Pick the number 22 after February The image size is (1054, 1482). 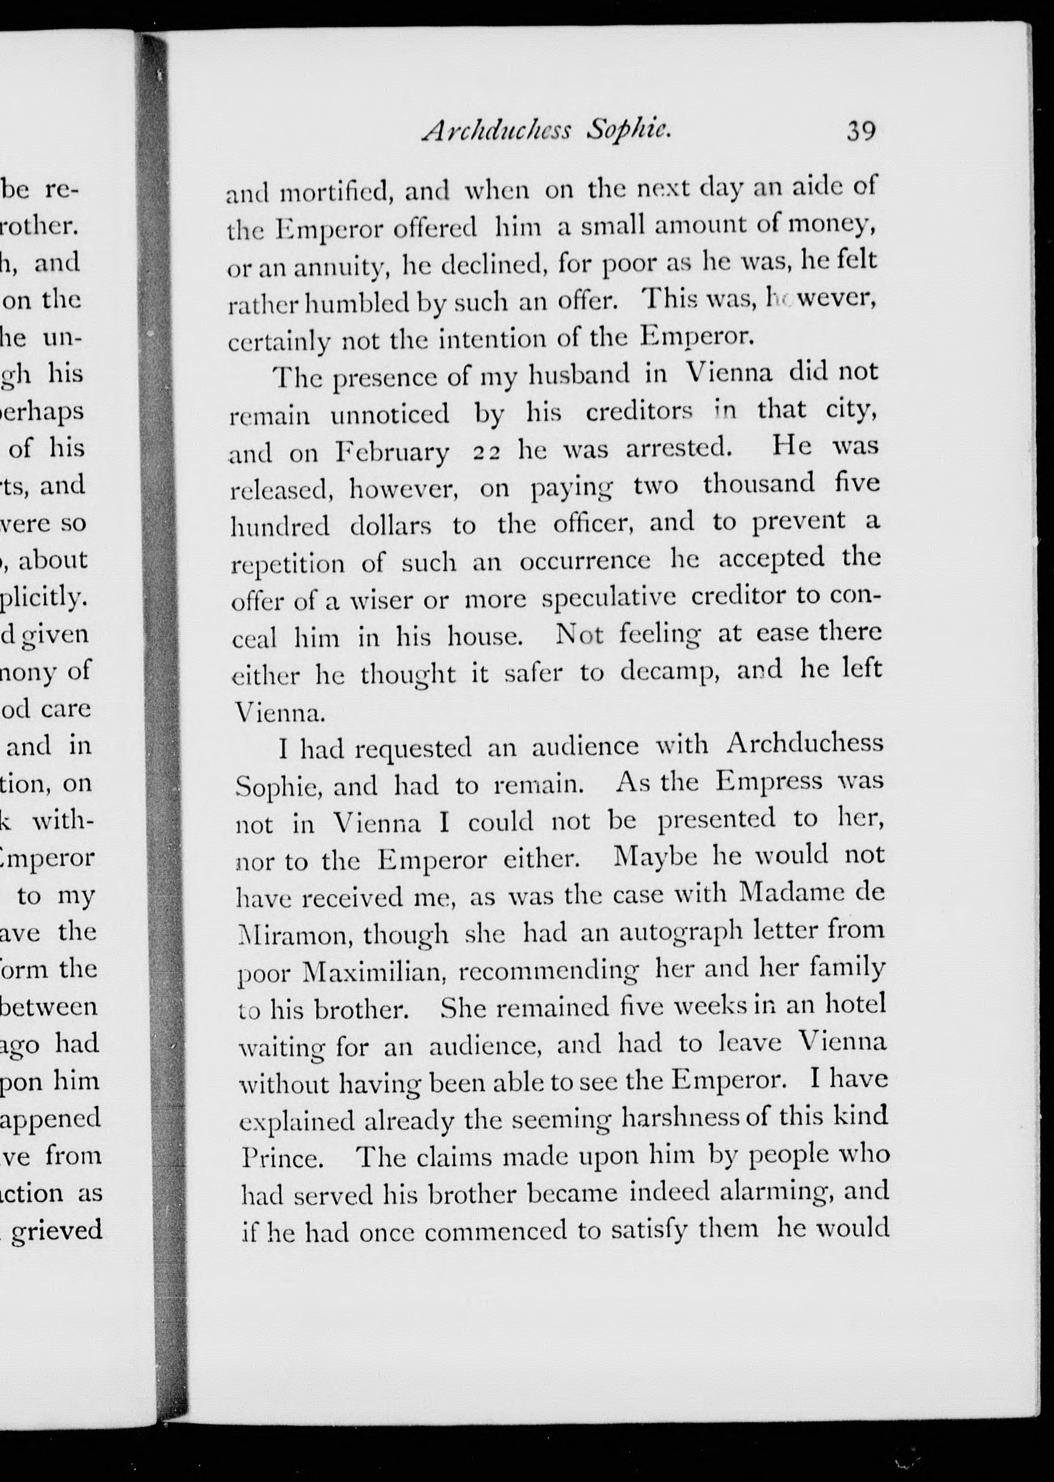pyautogui.click(x=486, y=453)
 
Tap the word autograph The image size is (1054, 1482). pyautogui.click(x=680, y=932)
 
